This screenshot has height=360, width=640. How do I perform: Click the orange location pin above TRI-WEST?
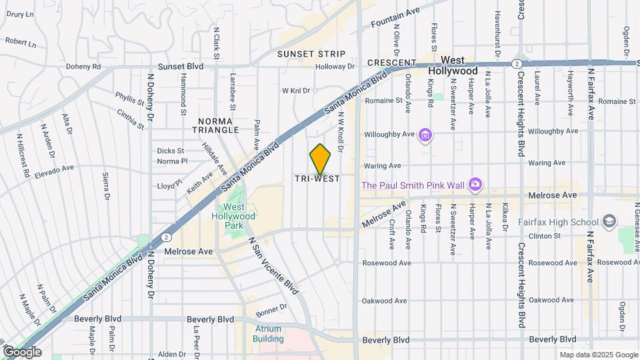point(320,159)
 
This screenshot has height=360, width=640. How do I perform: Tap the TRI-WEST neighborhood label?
point(317,179)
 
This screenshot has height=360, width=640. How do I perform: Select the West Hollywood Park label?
point(234,217)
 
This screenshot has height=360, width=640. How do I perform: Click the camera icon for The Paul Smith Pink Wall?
point(475,183)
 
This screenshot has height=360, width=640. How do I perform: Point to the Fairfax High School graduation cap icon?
point(609,221)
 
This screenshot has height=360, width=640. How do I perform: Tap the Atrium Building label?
point(267,333)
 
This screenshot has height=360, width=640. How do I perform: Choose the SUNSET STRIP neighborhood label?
point(311,53)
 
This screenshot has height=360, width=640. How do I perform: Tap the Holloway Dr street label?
point(335,67)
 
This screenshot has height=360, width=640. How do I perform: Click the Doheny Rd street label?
point(83,67)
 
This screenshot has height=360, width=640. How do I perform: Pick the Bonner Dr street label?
point(271,307)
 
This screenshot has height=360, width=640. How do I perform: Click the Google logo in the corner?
point(23,351)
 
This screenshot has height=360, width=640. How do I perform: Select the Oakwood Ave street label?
point(384,301)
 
